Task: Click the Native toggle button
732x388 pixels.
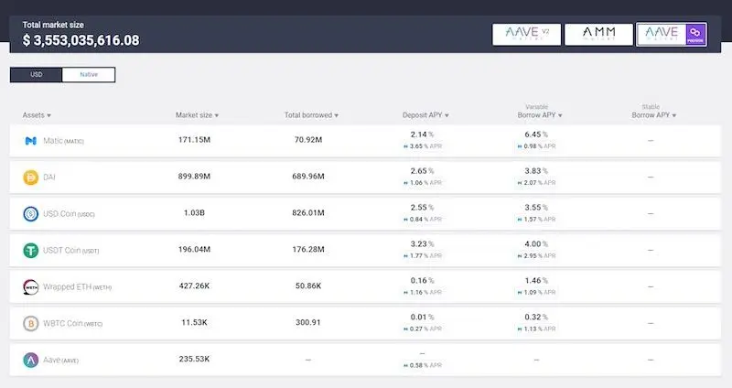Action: [x=88, y=74]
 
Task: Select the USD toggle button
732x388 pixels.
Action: [x=37, y=74]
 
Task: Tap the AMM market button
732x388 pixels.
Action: [x=598, y=35]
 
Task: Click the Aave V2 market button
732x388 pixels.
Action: [x=526, y=35]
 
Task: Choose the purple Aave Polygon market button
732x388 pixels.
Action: [x=671, y=35]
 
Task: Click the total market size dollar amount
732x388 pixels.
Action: [x=81, y=40]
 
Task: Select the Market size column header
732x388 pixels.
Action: [x=197, y=115]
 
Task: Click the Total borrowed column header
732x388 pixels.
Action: [x=311, y=115]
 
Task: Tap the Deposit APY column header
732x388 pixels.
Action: [x=425, y=115]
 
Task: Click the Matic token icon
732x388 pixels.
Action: [x=30, y=141]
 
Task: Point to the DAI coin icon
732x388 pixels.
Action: [x=30, y=177]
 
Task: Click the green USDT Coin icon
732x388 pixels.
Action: [x=30, y=250]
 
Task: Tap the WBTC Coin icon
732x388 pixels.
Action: [x=30, y=323]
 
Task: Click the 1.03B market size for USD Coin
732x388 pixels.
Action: [x=194, y=213]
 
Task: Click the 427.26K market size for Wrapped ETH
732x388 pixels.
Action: [x=194, y=286]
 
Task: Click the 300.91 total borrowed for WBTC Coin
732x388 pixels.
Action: [x=307, y=323]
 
